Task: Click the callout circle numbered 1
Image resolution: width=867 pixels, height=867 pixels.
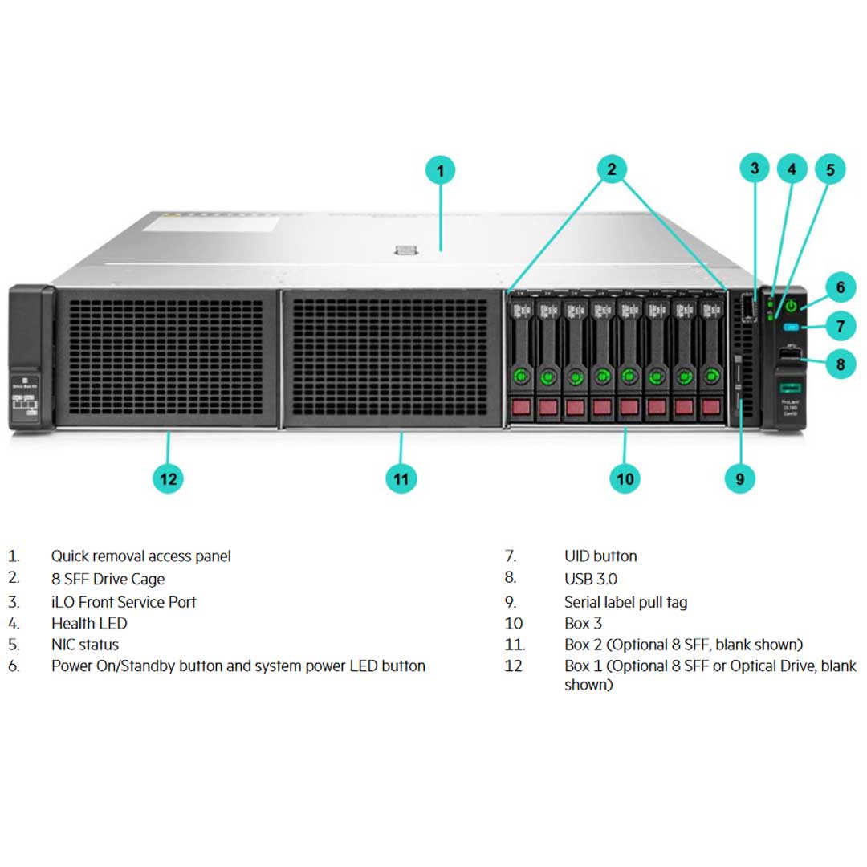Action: pyautogui.click(x=440, y=170)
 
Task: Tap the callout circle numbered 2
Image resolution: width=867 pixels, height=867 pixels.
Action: pyautogui.click(x=612, y=169)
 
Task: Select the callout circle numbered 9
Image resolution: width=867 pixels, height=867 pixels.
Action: pyautogui.click(x=739, y=479)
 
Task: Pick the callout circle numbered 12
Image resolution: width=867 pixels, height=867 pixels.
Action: pyautogui.click(x=168, y=479)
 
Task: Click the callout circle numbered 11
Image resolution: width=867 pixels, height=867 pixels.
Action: pyautogui.click(x=401, y=479)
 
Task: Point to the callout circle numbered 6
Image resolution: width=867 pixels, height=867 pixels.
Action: pyautogui.click(x=840, y=287)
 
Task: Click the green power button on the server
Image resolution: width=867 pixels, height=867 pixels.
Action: pyautogui.click(x=791, y=306)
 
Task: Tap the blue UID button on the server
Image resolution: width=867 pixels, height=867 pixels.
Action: pyautogui.click(x=791, y=328)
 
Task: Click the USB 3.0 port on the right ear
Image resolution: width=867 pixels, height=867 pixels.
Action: pyautogui.click(x=790, y=354)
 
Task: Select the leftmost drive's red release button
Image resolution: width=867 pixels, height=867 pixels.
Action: pyautogui.click(x=521, y=407)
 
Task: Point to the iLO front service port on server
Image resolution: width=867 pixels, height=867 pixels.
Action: pyautogui.click(x=749, y=308)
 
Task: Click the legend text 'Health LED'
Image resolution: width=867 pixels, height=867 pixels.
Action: pyautogui.click(x=89, y=623)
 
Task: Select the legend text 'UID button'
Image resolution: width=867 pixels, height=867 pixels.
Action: pyautogui.click(x=600, y=556)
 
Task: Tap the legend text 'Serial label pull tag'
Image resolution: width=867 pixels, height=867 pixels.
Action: pyautogui.click(x=625, y=602)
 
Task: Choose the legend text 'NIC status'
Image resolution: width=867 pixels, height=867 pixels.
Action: pyautogui.click(x=85, y=645)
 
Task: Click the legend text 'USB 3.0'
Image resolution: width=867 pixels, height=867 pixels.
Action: pyautogui.click(x=591, y=579)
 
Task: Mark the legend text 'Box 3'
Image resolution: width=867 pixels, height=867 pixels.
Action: pyautogui.click(x=583, y=623)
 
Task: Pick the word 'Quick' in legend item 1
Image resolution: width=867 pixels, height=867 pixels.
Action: pyautogui.click(x=70, y=556)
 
